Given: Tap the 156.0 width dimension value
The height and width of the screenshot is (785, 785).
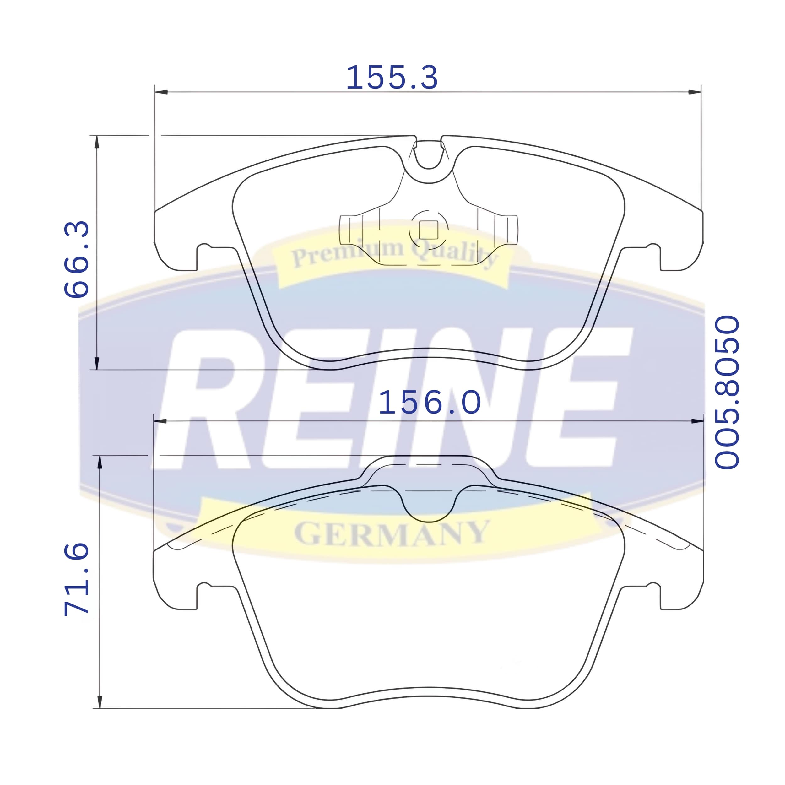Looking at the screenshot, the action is pos(430,402).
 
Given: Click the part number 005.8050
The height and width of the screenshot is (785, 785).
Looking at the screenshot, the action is pos(727,392).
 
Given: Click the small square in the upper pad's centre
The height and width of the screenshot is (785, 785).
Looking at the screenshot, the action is pos(428,230).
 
